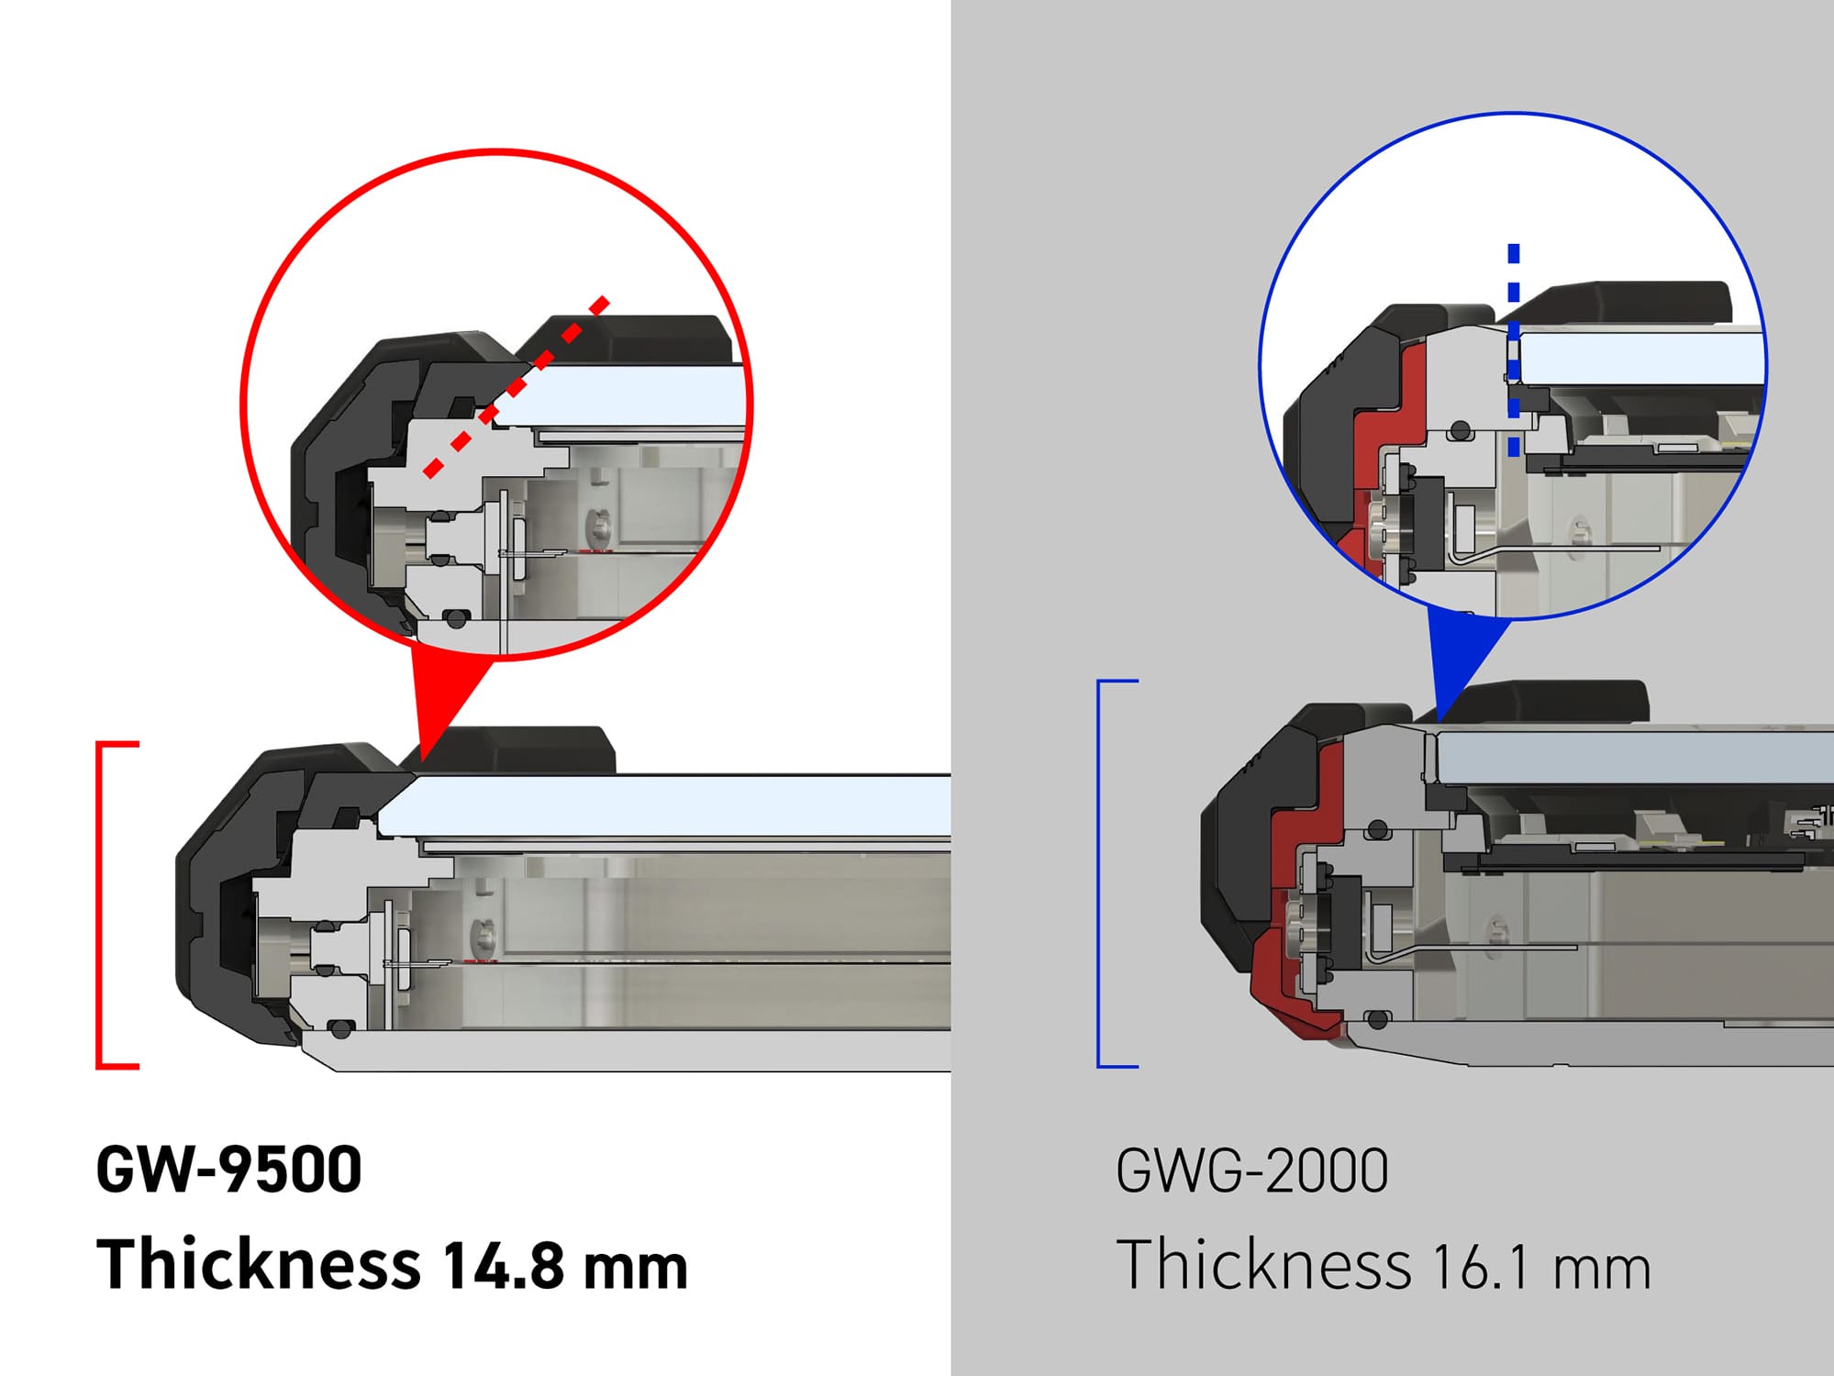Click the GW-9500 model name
click(228, 1170)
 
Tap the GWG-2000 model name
click(1251, 1171)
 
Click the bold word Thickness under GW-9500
click(259, 1264)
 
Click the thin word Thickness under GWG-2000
click(1262, 1265)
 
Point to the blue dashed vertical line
click(1513, 349)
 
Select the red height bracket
click(101, 904)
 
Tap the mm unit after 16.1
click(1601, 1269)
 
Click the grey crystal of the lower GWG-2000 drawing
click(1633, 758)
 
